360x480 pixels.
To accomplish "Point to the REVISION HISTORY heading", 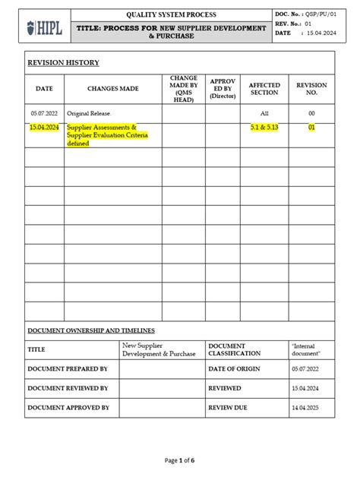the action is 63,63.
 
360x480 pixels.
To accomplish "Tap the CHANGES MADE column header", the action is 113,89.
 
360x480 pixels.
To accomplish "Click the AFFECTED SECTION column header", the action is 264,89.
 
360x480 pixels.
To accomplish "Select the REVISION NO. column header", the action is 311,89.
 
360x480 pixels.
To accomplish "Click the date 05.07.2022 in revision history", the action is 45,112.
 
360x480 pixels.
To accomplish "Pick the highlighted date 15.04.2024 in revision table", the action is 44,128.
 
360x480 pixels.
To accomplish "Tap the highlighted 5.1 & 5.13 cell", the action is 264,128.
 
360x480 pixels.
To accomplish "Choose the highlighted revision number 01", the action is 311,128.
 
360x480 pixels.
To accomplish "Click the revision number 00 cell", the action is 311,112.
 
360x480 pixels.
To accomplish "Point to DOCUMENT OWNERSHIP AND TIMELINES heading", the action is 91,330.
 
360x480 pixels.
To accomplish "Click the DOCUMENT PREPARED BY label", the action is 68,368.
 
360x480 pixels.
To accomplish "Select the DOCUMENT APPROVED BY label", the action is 68,408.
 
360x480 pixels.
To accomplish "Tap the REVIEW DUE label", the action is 228,408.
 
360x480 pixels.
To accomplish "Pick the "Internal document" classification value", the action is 307,349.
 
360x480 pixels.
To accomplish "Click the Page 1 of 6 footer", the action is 181,460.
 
